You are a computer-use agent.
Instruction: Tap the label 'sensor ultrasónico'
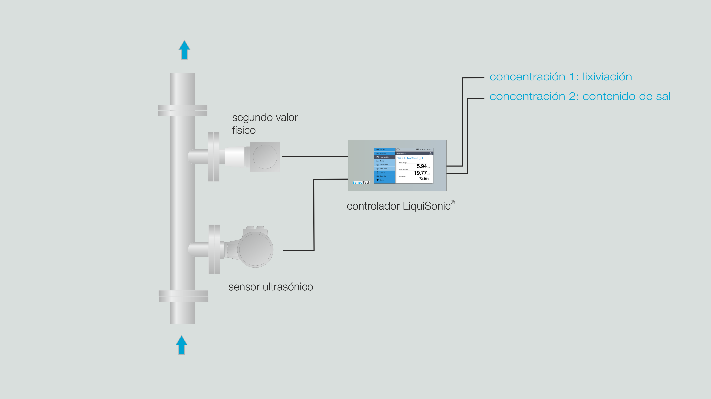click(271, 287)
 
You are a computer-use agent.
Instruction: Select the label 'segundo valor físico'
click(264, 124)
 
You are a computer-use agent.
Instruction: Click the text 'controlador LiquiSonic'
click(399, 206)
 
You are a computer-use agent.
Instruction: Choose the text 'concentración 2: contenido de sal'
click(580, 96)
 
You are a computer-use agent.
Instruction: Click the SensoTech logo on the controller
click(361, 182)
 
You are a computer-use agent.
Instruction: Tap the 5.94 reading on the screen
click(421, 166)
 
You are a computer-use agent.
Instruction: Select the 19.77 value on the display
click(420, 173)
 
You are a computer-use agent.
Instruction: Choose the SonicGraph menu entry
click(383, 165)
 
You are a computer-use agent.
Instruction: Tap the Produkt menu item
click(382, 172)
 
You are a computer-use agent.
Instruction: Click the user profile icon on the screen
click(431, 153)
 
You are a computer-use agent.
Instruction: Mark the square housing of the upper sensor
click(265, 157)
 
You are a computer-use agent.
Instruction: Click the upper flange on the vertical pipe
click(182, 111)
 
